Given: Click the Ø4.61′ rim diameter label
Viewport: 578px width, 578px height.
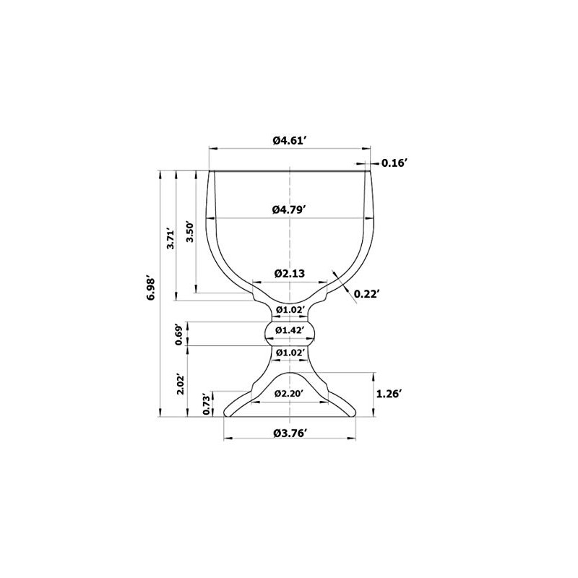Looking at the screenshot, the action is [x=290, y=140].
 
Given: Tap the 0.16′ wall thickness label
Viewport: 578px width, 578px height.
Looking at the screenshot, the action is [x=394, y=163].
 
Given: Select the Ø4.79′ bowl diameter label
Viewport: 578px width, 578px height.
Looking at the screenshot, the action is [x=290, y=210].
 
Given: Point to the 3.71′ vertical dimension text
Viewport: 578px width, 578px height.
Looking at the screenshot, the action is [x=171, y=238].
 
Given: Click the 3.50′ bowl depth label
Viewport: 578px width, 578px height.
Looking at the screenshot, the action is [x=189, y=232].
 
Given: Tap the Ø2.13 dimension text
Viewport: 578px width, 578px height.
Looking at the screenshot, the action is [x=290, y=274].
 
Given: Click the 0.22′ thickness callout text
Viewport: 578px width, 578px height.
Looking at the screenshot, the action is [x=367, y=294].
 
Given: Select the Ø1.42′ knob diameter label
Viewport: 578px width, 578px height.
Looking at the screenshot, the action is [x=290, y=330].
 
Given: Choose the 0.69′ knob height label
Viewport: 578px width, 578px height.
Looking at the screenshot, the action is [x=179, y=335].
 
